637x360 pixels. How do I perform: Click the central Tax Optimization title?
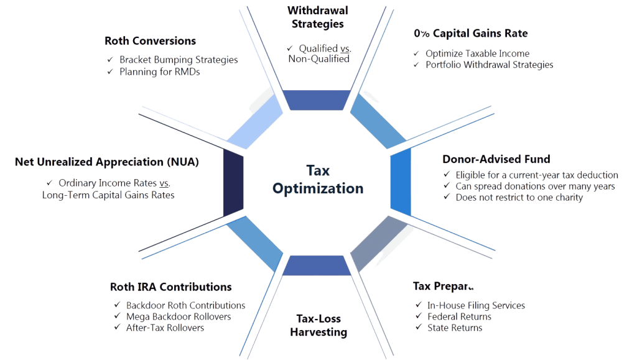[x=317, y=179]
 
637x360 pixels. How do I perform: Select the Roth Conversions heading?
[x=150, y=41]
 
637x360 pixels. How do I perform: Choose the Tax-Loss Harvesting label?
[x=318, y=325]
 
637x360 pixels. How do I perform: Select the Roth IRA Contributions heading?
[x=170, y=287]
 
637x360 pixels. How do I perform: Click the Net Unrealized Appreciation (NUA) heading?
[x=106, y=162]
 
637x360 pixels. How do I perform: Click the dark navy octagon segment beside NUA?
[x=233, y=184]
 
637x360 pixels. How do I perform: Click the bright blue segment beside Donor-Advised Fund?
[x=401, y=184]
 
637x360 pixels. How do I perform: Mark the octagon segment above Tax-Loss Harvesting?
[x=317, y=265]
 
